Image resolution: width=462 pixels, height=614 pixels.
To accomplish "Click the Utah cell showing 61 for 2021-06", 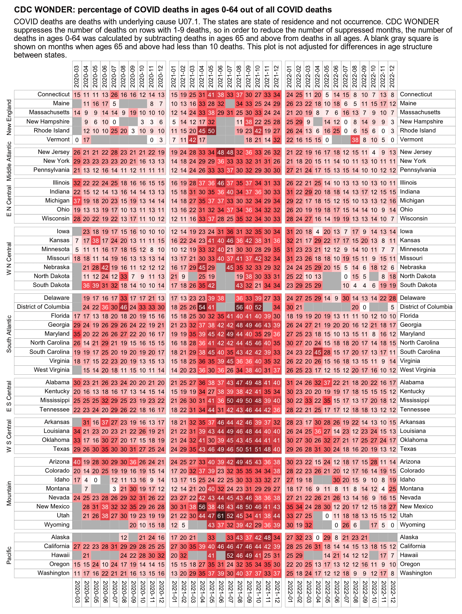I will click(x=221, y=515).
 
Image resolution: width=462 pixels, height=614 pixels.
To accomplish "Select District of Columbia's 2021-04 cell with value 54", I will click(x=202, y=307).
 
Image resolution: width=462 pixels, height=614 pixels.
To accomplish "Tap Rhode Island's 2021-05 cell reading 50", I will click(x=211, y=131).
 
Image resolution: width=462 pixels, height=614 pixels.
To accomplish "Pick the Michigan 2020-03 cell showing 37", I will click(x=77, y=201).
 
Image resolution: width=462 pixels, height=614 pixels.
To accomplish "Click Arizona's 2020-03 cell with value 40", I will click(x=77, y=462).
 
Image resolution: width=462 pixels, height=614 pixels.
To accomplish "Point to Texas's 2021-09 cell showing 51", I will click(x=249, y=449).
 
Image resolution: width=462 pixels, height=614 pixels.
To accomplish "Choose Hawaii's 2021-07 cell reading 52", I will click(x=230, y=555).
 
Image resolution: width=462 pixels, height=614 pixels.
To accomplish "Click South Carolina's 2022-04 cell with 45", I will click(x=317, y=352).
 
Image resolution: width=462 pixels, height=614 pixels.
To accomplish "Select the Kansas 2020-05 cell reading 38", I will click(x=95, y=240).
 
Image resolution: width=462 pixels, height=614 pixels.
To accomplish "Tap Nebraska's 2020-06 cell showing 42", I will click(x=105, y=267).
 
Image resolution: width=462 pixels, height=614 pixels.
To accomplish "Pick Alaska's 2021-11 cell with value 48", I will click(x=267, y=537).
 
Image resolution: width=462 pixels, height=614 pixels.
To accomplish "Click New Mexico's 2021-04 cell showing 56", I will click(x=202, y=506).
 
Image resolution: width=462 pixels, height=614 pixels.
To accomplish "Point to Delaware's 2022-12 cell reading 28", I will click(x=392, y=298).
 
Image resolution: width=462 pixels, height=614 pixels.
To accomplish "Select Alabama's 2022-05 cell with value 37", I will click(x=327, y=382).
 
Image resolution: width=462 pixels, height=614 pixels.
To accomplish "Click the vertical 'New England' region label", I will click(x=9, y=117).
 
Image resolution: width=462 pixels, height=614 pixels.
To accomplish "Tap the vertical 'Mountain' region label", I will click(x=9, y=493).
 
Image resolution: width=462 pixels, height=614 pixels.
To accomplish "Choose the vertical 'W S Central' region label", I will click(x=9, y=435).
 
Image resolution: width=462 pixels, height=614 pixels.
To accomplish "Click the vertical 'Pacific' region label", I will click(x=9, y=555).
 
